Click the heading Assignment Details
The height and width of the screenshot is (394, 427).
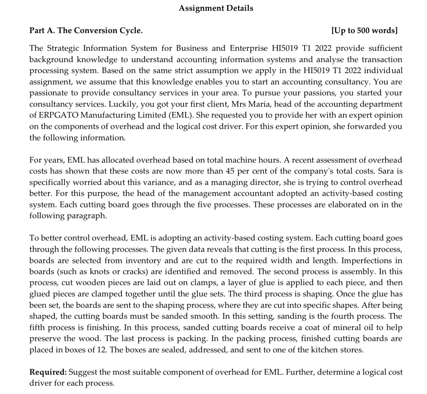point(216,8)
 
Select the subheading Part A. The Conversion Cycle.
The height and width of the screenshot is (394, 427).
point(86,30)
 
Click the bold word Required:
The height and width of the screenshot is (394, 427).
point(48,372)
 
